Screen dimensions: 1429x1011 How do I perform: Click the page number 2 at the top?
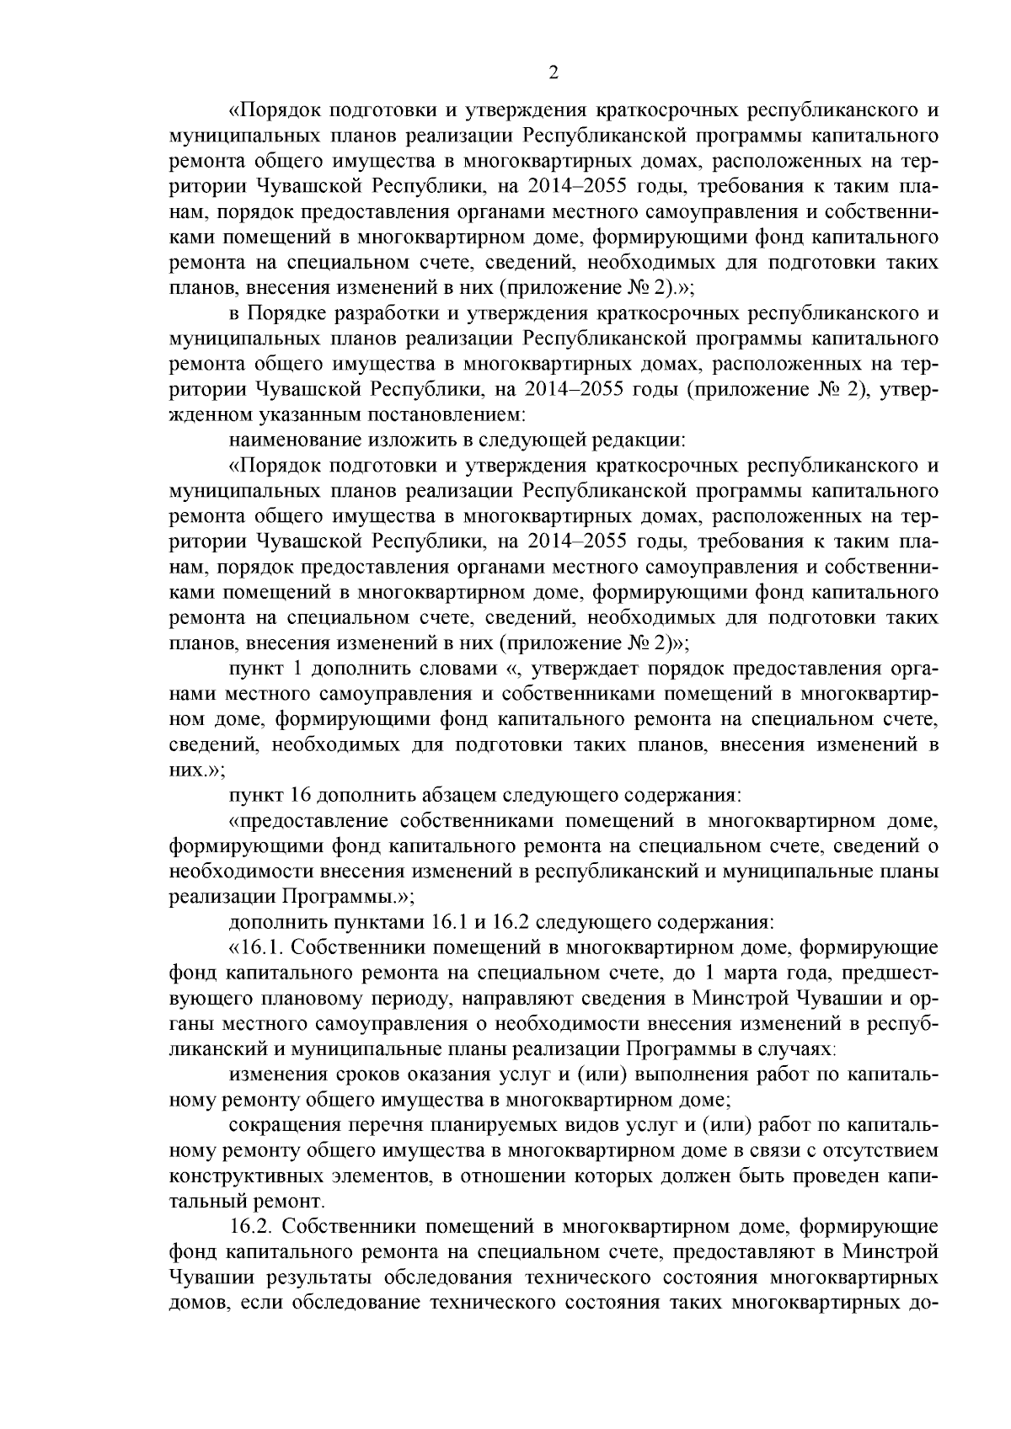coord(554,72)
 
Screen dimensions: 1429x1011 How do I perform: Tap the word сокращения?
coord(280,1125)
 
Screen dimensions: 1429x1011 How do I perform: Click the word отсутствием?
coord(885,1150)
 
